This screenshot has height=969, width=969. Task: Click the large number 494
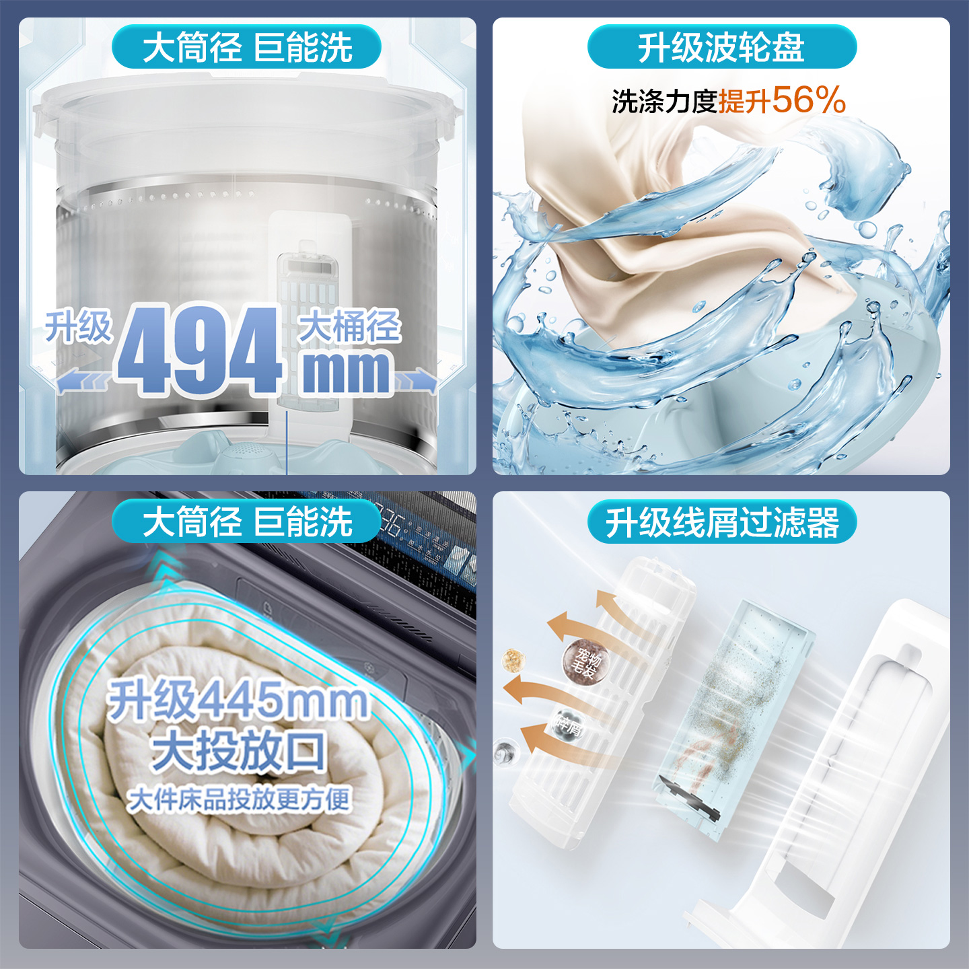[x=200, y=350]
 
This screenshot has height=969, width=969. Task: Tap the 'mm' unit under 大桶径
[x=346, y=371]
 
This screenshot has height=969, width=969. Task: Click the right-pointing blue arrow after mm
[x=416, y=381]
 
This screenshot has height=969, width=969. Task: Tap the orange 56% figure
[x=809, y=100]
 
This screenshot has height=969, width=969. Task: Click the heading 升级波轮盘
[x=721, y=48]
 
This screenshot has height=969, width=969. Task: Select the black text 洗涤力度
[x=664, y=102]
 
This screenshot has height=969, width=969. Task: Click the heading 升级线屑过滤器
[x=721, y=523]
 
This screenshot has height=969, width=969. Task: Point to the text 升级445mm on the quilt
[x=238, y=700]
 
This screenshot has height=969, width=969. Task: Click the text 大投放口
[x=239, y=751]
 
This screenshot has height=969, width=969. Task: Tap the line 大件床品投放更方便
[x=239, y=799]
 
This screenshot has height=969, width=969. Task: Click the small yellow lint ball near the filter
[x=514, y=659]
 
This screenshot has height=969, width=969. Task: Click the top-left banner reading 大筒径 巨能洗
[x=247, y=48]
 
